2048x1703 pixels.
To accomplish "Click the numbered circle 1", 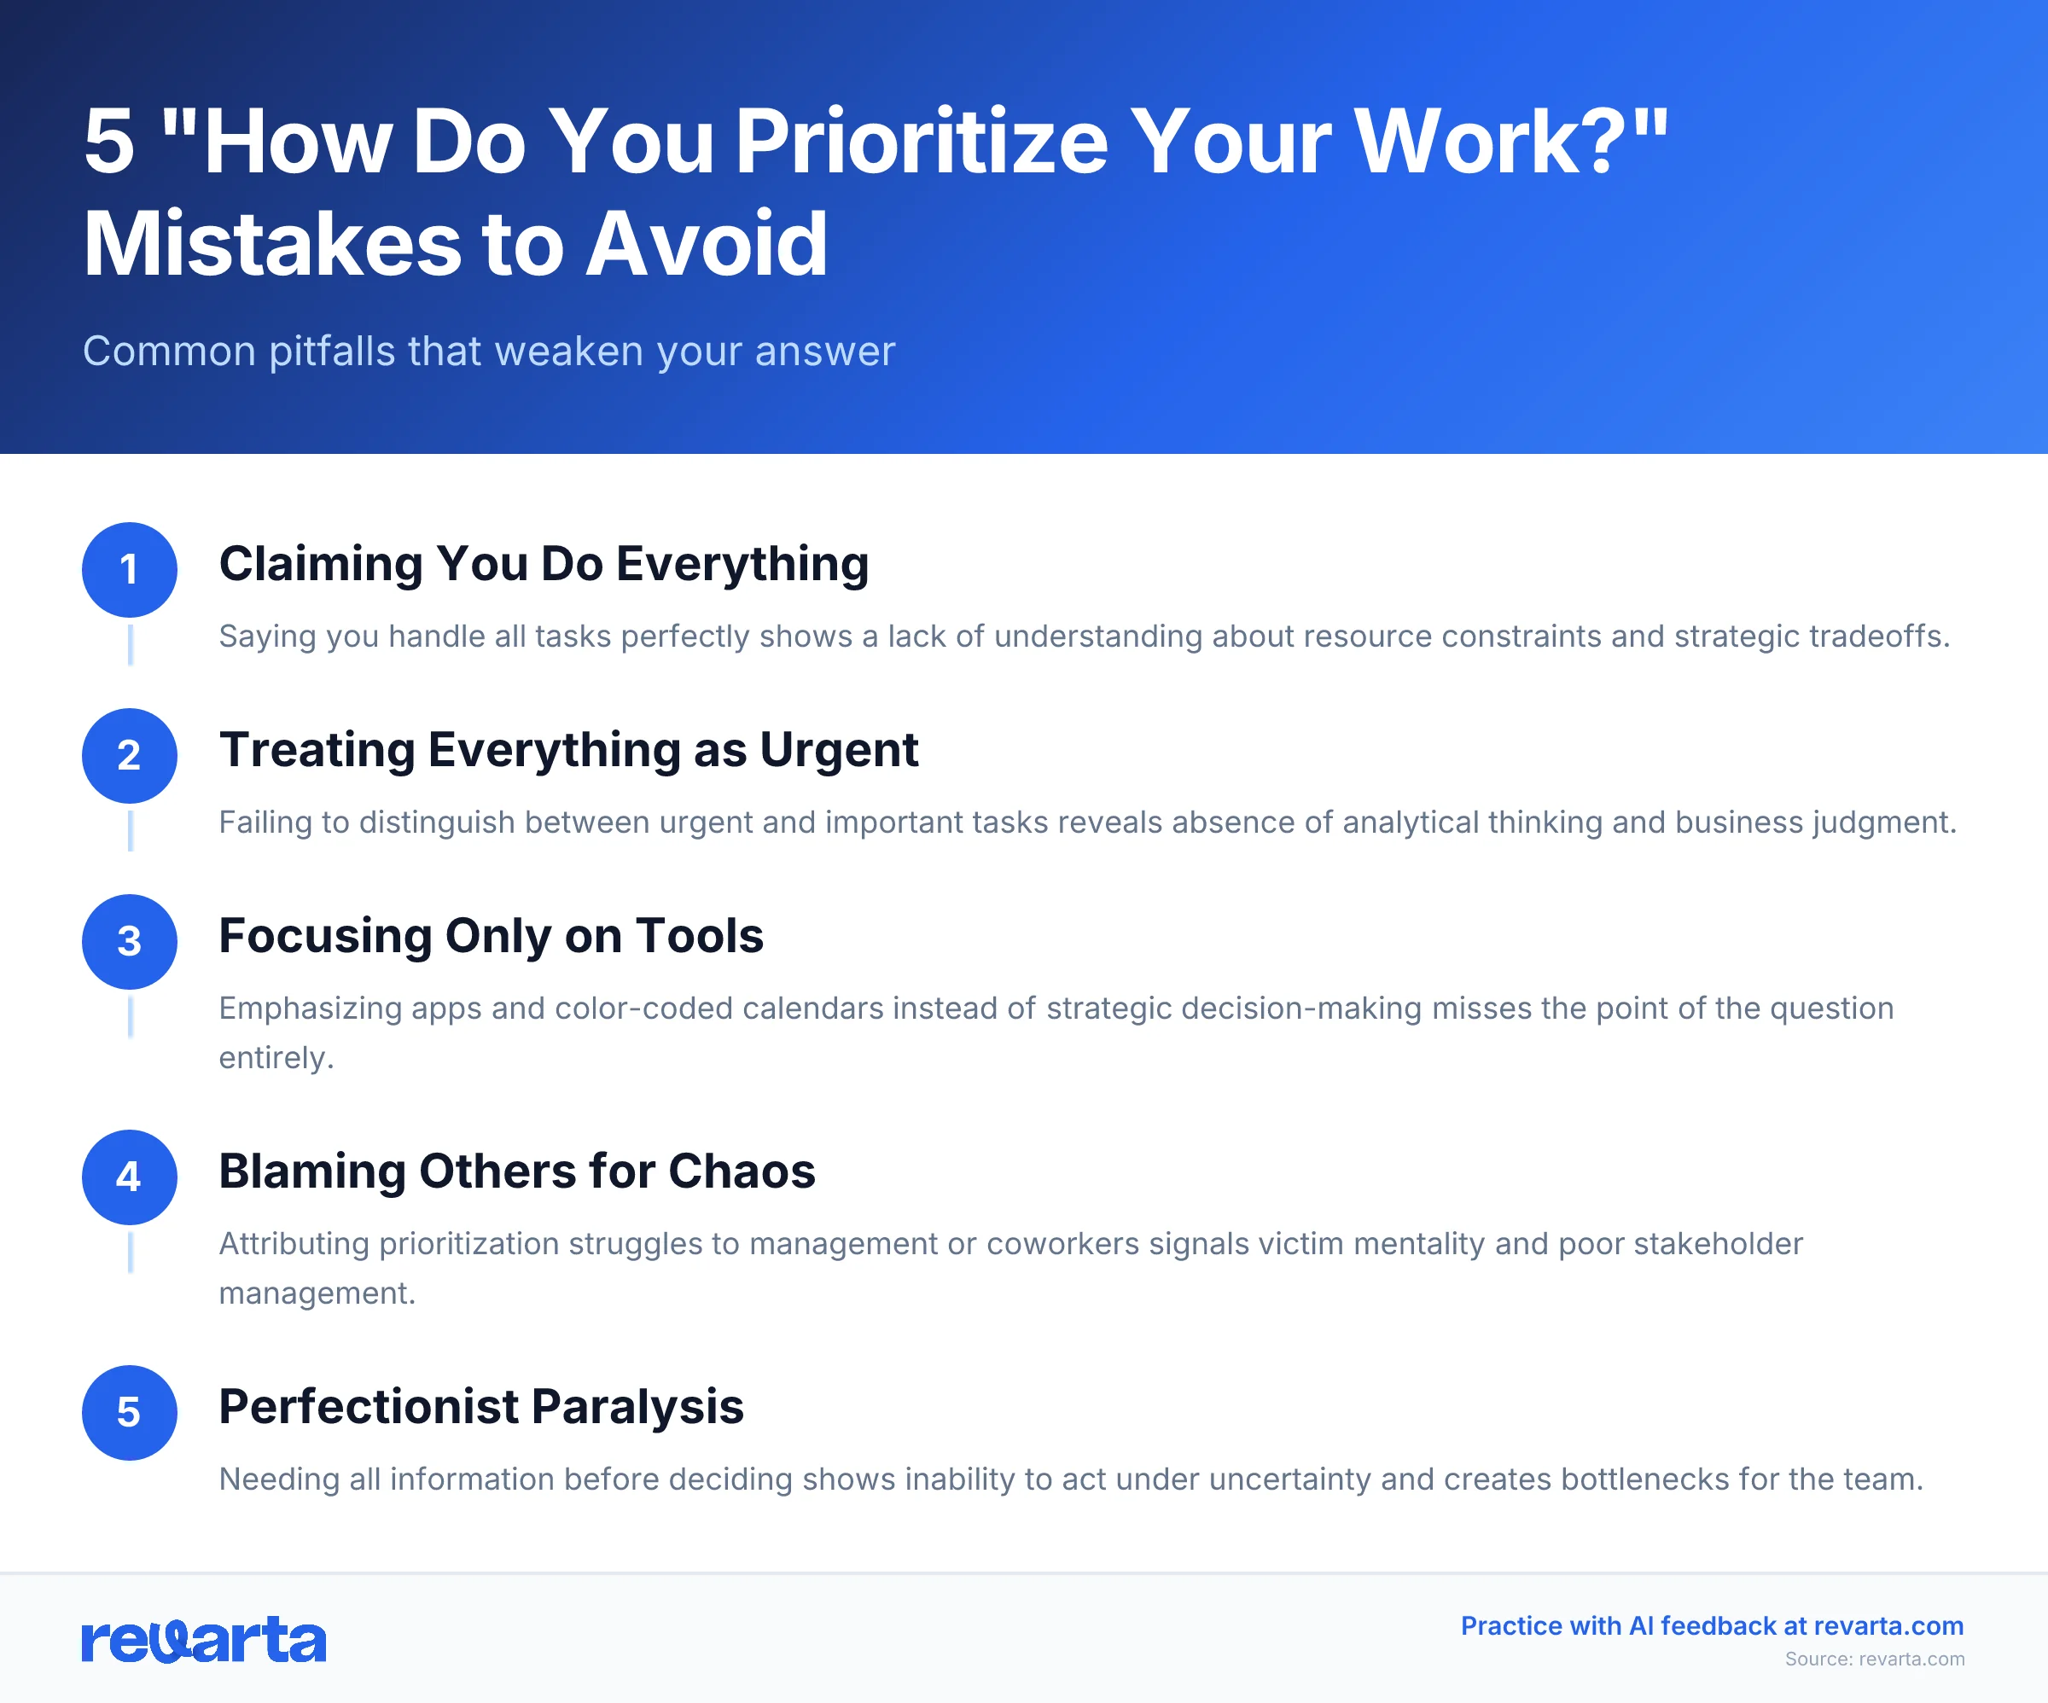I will [129, 570].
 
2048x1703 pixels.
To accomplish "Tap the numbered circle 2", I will [129, 756].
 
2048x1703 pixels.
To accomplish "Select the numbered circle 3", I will [129, 941].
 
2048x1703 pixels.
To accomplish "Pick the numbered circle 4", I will [129, 1177].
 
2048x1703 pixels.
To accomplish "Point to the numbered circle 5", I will [129, 1412].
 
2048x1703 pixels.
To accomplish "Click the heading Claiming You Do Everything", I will [544, 564].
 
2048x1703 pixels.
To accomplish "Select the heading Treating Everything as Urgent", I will [568, 750].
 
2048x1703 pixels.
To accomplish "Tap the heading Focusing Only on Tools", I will [491, 936].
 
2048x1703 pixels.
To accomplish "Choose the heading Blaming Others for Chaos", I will [517, 1171].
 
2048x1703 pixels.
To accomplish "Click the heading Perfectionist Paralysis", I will [480, 1406].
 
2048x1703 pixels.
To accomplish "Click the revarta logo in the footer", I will [204, 1641].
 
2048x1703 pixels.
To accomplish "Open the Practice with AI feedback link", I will [1712, 1626].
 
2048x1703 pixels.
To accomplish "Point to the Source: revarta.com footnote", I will [1875, 1659].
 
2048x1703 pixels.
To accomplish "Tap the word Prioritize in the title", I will [922, 142].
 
